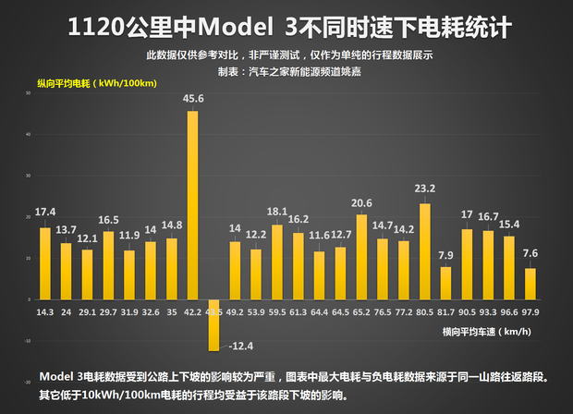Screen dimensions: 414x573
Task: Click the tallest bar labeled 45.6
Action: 192,203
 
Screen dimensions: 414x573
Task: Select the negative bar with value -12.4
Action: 213,323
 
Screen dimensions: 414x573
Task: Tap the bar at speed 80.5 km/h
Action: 425,250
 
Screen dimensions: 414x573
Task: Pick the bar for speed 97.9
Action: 530,283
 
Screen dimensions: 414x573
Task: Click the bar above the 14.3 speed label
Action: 45,262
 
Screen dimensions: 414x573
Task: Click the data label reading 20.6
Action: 361,203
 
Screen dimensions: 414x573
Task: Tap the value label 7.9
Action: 445,256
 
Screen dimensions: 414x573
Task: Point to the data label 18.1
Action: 276,212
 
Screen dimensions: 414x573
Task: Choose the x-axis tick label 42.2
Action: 192,311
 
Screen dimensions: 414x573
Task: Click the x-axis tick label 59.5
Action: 276,311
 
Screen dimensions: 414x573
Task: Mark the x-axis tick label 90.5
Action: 467,311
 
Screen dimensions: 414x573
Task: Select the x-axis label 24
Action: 66,311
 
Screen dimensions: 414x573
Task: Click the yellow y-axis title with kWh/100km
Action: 97,84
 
